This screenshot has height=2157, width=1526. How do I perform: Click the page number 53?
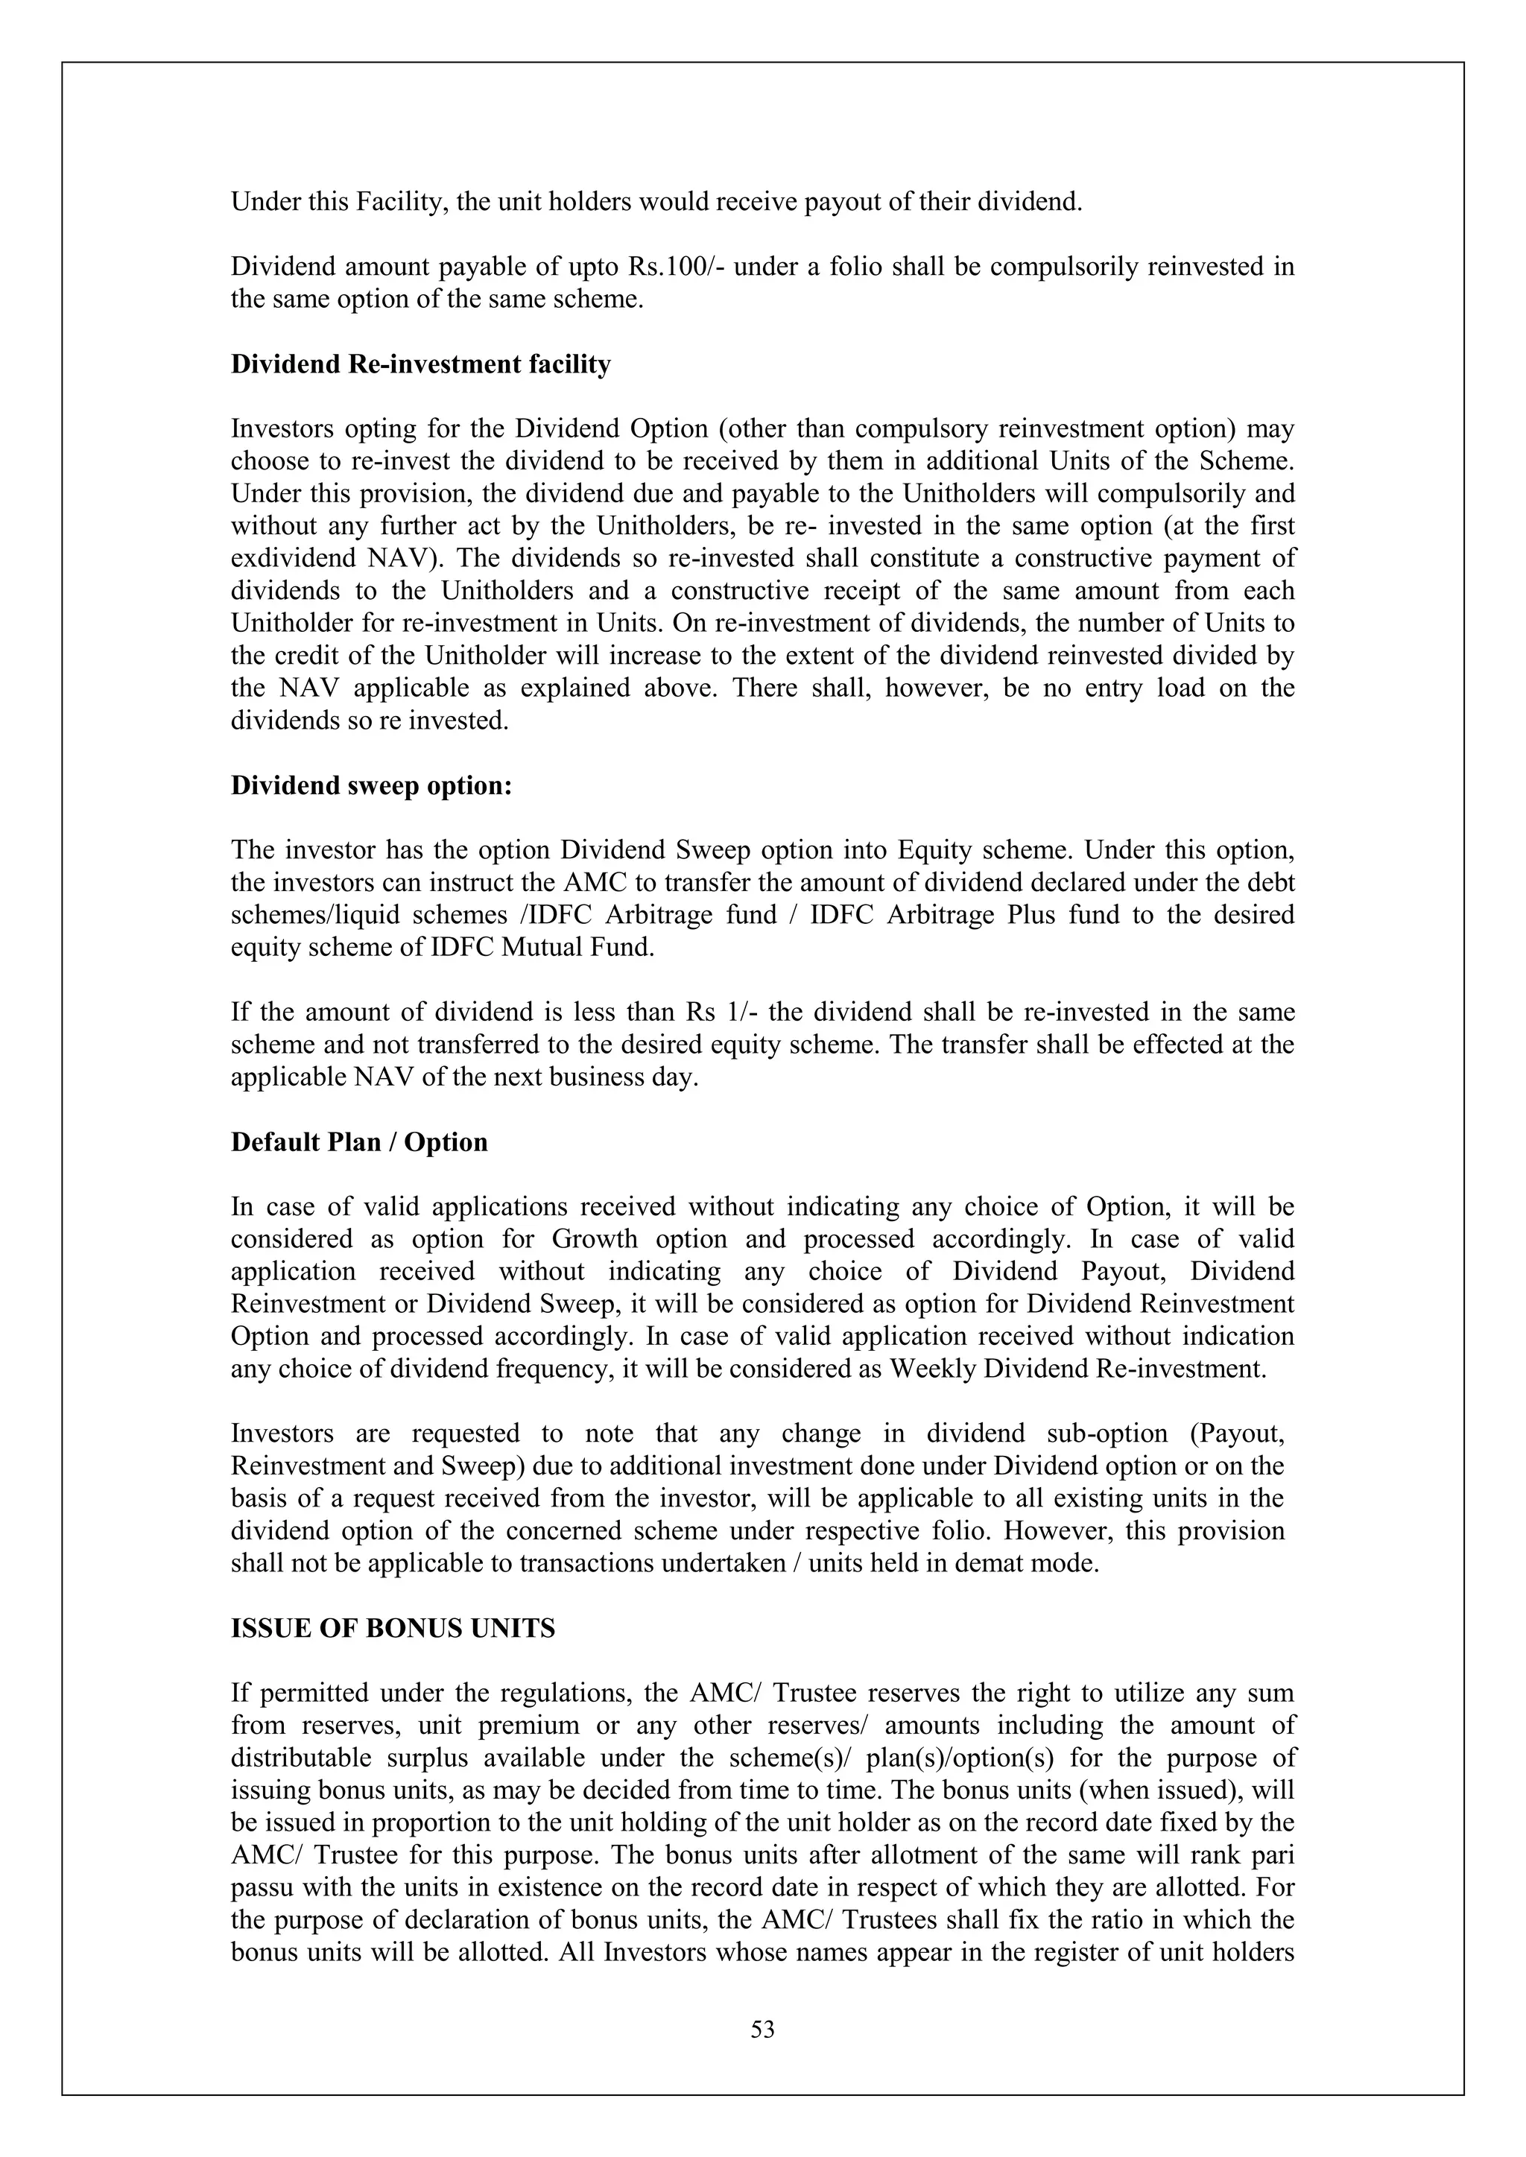click(762, 2030)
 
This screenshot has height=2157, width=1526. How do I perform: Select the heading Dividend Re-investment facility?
click(420, 364)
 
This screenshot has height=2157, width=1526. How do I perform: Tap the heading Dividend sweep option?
click(371, 785)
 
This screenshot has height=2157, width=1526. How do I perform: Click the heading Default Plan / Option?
click(359, 1142)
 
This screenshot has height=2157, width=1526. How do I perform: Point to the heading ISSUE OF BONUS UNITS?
click(393, 1628)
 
